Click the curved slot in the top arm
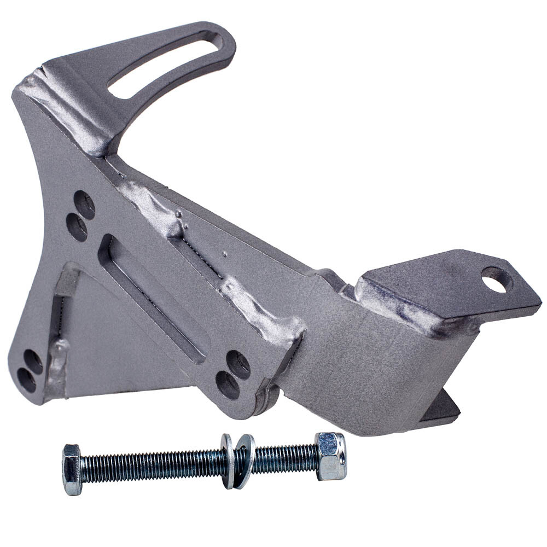pos(164,66)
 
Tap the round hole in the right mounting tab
pos(497,279)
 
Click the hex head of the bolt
pos(72,469)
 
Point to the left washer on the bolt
pos(228,461)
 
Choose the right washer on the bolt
pos(245,461)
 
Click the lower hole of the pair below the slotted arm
pos(77,226)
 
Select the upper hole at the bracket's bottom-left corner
pos(33,362)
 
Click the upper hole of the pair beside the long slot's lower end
pos(238,364)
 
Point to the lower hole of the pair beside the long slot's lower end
pos(228,385)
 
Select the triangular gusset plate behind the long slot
pos(109,339)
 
